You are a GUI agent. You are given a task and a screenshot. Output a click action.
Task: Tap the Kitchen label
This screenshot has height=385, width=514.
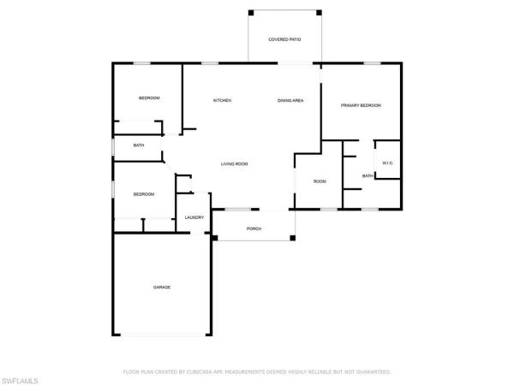(x=223, y=101)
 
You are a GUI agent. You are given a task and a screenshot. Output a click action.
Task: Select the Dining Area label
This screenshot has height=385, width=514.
(x=290, y=101)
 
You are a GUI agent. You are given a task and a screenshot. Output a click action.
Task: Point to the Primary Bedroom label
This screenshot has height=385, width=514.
(x=361, y=105)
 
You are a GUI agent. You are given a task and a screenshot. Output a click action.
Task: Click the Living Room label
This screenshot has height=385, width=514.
(x=234, y=163)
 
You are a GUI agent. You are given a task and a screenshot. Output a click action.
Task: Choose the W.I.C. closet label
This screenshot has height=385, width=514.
(x=387, y=163)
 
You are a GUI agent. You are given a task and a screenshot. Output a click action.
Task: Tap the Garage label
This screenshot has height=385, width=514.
(x=162, y=287)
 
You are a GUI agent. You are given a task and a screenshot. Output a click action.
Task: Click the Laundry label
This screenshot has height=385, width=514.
(x=194, y=217)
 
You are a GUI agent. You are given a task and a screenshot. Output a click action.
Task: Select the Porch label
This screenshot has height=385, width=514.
(x=254, y=228)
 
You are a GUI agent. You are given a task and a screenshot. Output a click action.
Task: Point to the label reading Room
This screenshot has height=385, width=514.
(x=320, y=181)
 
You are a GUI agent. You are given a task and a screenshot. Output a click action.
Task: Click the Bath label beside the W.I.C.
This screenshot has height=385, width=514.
(x=368, y=176)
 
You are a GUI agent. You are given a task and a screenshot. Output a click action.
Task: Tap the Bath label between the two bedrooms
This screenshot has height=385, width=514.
(x=139, y=145)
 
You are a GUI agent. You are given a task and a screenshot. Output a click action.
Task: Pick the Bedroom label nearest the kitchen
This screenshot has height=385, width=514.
(x=149, y=98)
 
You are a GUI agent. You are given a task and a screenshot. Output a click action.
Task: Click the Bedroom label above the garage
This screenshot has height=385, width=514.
(x=143, y=194)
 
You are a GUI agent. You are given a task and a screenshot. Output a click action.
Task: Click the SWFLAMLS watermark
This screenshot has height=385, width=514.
(x=27, y=376)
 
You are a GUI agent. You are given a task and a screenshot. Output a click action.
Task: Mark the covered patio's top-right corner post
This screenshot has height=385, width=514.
(x=320, y=12)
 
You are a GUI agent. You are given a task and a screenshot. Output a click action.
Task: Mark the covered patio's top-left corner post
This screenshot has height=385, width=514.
(x=250, y=12)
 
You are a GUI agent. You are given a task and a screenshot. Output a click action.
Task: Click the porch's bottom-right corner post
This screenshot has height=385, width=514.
(x=293, y=238)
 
